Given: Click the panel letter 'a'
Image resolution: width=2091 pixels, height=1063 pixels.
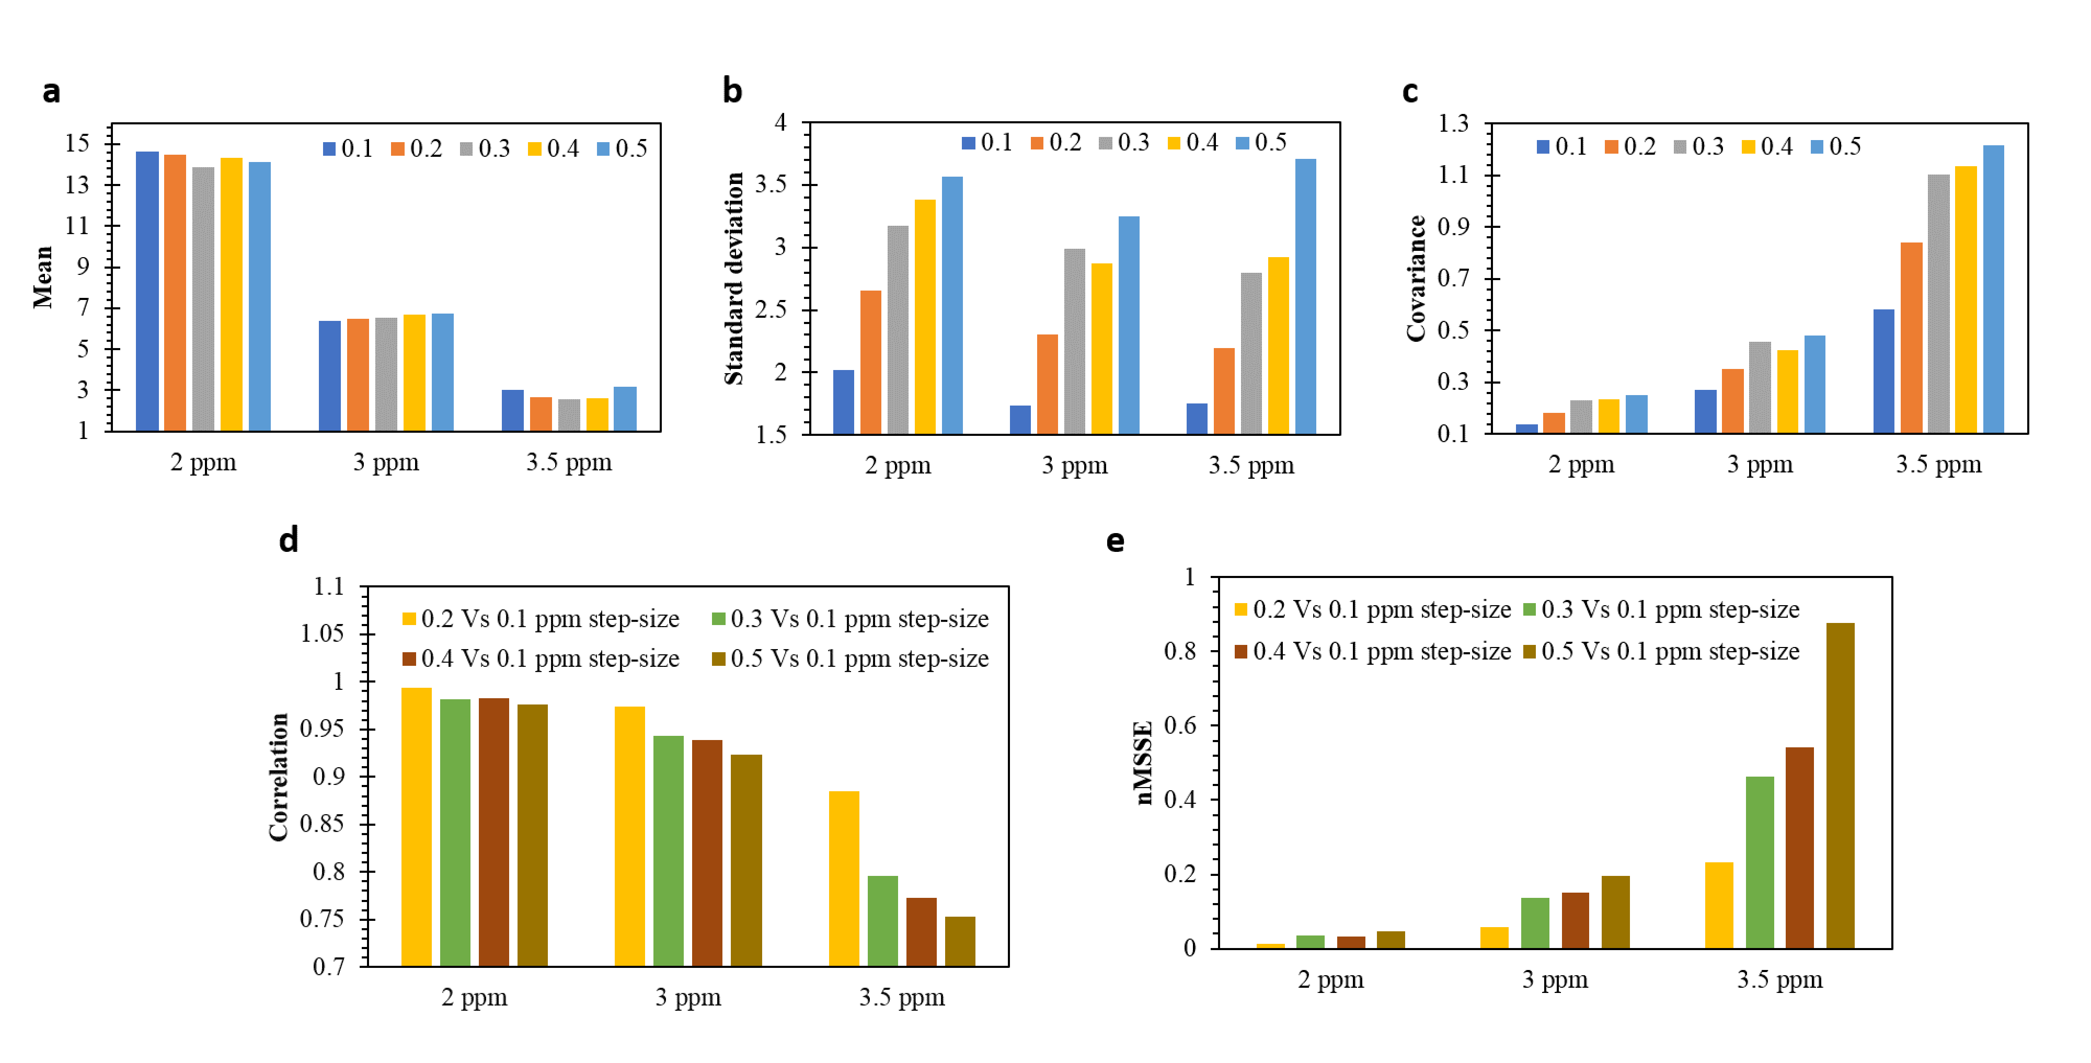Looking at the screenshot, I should (x=51, y=91).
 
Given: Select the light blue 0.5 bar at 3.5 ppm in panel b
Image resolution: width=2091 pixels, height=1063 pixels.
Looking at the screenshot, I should (x=1305, y=296).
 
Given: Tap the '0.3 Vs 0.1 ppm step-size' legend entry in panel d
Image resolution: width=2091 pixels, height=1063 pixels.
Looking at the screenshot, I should (x=850, y=619).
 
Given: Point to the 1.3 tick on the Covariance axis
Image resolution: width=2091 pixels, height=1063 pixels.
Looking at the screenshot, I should (x=1453, y=123).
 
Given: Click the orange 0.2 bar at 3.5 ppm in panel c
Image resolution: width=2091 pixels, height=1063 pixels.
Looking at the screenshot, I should (x=1911, y=338).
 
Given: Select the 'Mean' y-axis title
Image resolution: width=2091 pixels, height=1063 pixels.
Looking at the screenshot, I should (x=43, y=278).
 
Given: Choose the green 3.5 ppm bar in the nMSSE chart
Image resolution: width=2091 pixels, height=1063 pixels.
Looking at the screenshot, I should (x=1759, y=862).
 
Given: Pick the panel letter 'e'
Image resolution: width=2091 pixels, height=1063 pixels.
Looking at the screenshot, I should (x=1116, y=541).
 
